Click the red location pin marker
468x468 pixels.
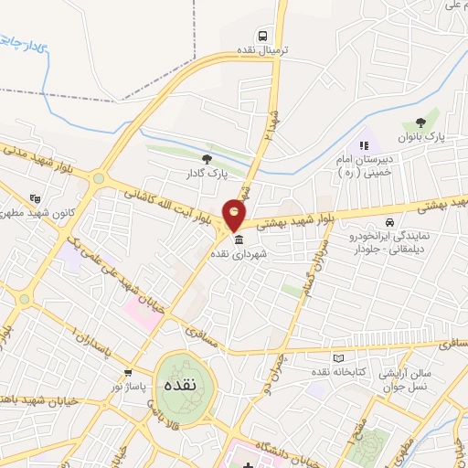point(235,215)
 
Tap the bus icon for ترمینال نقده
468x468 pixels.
point(263,36)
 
